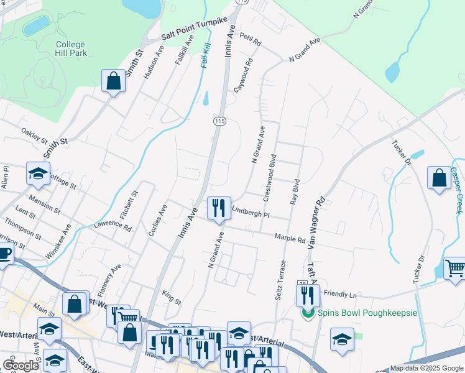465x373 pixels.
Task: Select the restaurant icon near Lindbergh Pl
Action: [218, 208]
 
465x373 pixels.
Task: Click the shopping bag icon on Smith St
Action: [114, 80]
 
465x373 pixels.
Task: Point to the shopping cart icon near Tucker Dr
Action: [455, 268]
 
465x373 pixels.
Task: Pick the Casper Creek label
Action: [458, 190]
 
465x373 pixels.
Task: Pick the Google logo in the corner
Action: [20, 365]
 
